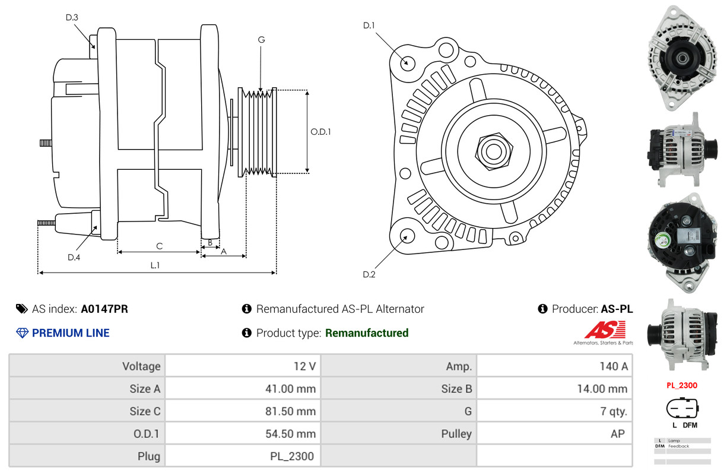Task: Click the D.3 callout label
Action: click(x=72, y=17)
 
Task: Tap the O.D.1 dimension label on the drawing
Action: click(x=320, y=132)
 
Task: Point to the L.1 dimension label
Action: click(x=155, y=265)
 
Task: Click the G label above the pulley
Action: click(x=261, y=40)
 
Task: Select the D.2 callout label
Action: click(x=369, y=274)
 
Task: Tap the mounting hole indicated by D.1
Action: click(x=407, y=62)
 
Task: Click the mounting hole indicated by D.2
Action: click(x=407, y=236)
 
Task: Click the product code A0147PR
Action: click(x=104, y=309)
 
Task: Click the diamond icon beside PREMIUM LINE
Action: click(x=23, y=333)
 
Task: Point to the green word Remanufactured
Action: click(x=367, y=333)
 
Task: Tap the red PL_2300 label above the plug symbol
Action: click(x=681, y=385)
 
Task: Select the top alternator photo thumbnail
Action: click(x=682, y=57)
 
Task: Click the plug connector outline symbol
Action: click(x=682, y=408)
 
